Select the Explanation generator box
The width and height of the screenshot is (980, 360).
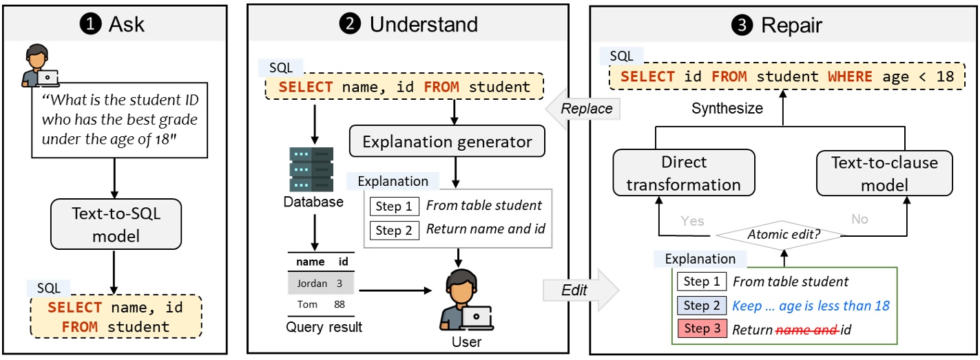(447, 142)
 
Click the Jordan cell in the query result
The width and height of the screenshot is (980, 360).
(312, 283)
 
